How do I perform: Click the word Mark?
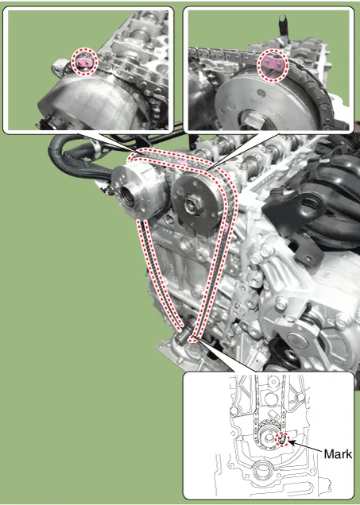click(338, 454)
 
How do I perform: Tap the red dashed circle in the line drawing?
click(282, 439)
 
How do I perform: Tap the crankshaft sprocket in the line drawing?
click(266, 437)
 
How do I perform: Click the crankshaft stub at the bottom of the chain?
click(184, 337)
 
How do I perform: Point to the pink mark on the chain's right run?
click(226, 227)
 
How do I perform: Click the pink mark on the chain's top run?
click(183, 163)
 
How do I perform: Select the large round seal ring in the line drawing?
click(261, 472)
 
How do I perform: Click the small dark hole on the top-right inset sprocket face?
click(261, 94)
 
